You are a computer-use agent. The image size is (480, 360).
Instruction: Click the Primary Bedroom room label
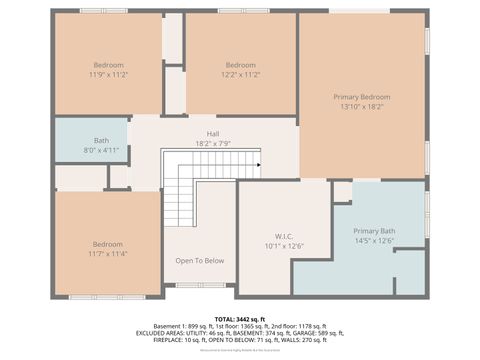click(361, 97)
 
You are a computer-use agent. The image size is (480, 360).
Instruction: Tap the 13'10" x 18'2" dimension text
click(361, 106)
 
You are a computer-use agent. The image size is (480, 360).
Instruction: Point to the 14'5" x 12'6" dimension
click(374, 240)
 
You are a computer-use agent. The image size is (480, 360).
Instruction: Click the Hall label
click(212, 134)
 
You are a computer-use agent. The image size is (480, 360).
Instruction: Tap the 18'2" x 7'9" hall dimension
click(212, 143)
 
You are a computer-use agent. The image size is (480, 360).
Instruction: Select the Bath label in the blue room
click(101, 141)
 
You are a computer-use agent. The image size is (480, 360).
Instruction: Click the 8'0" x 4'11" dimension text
click(101, 150)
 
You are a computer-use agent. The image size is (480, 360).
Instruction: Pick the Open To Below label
click(200, 261)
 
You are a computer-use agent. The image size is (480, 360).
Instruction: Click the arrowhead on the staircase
click(258, 165)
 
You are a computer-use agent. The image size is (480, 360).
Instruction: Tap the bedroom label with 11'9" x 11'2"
click(107, 65)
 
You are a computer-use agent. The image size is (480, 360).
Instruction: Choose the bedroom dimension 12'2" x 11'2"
click(240, 74)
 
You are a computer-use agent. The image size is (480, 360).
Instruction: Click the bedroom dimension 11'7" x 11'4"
click(107, 253)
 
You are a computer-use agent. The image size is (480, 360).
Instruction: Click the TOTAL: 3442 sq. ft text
click(240, 318)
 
